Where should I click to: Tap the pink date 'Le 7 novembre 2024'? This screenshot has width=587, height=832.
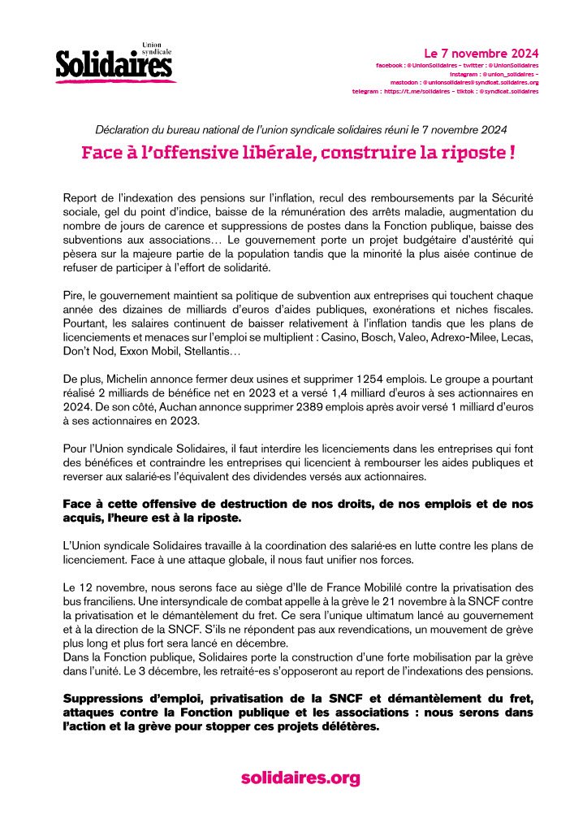(x=481, y=53)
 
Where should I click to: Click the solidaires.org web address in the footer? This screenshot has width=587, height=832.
(x=300, y=778)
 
